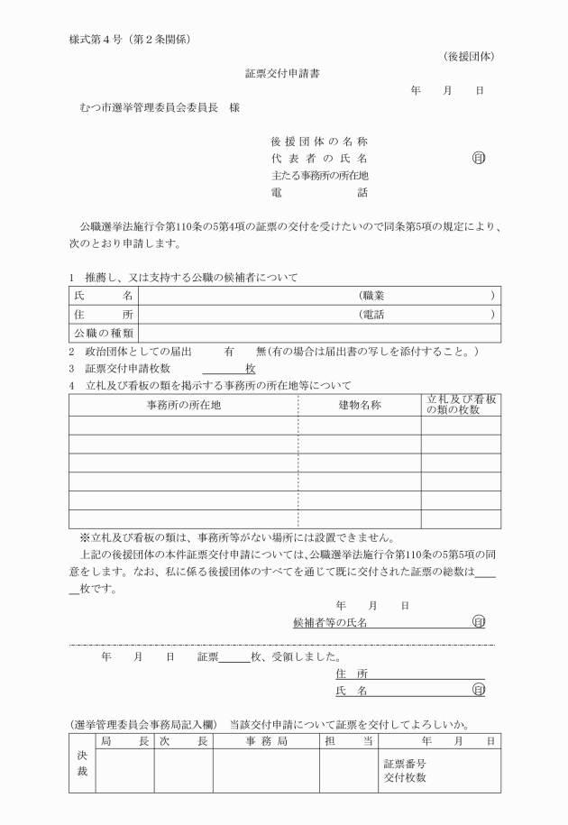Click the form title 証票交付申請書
(x=281, y=73)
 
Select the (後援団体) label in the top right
(x=469, y=57)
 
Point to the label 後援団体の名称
(x=319, y=142)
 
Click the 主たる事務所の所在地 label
(x=319, y=176)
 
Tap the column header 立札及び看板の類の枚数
(x=461, y=405)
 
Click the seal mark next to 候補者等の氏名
(x=478, y=622)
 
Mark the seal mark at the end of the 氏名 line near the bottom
(x=478, y=690)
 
